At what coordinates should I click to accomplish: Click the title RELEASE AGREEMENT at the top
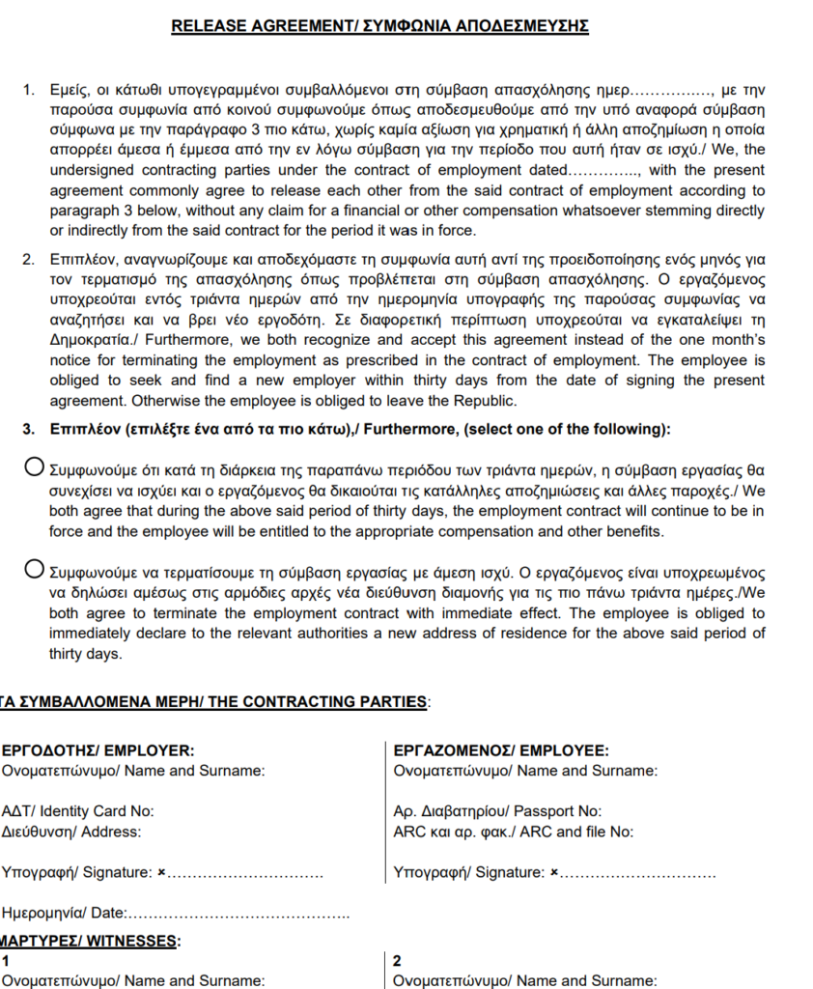coord(379,26)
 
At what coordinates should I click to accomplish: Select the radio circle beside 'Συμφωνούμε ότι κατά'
coord(34,468)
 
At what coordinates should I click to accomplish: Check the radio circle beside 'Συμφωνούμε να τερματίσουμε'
coord(34,567)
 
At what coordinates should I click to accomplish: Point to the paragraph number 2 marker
coord(28,259)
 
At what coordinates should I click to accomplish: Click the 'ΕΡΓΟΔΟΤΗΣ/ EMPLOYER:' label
coord(97,750)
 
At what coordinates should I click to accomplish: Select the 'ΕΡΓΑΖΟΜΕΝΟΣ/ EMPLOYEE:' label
coord(501,750)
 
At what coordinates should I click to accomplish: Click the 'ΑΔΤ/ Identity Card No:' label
coord(78,811)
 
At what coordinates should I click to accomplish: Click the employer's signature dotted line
coord(246,874)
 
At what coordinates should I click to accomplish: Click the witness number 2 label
coord(399,961)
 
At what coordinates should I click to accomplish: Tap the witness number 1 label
coord(6,961)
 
